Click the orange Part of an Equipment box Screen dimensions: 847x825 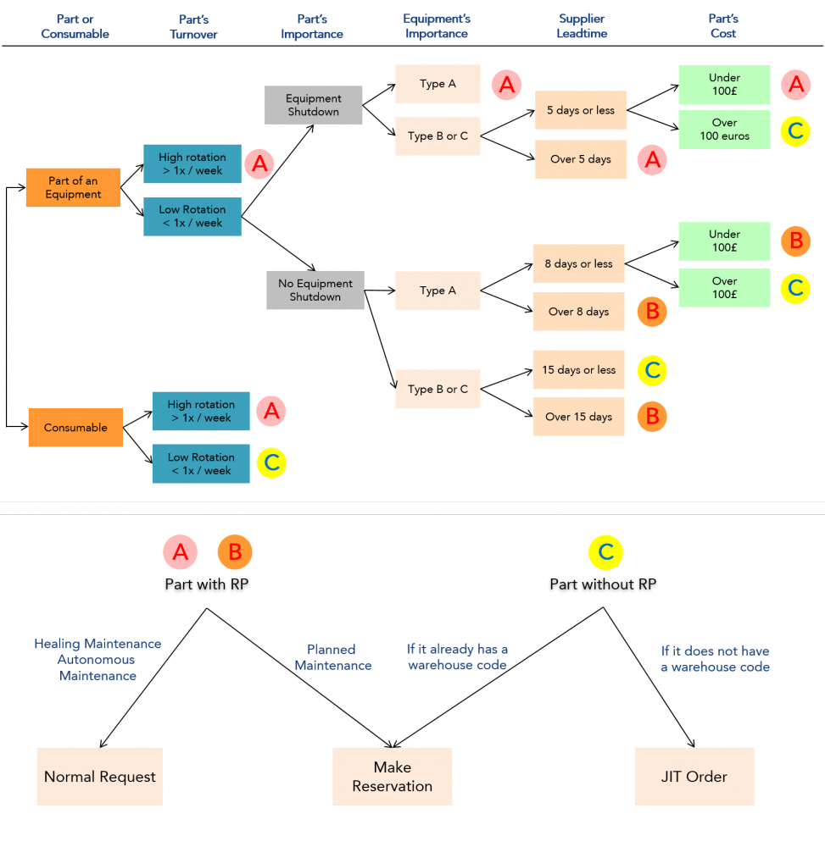(x=73, y=187)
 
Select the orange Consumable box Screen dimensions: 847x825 (x=75, y=427)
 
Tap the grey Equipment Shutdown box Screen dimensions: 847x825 (x=313, y=105)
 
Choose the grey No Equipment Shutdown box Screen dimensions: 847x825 (x=315, y=290)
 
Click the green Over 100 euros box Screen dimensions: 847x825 (x=724, y=130)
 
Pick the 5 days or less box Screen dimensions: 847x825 (x=580, y=110)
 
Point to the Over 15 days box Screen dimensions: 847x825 (x=578, y=417)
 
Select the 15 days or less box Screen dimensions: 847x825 (x=578, y=370)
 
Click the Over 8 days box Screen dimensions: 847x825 (x=578, y=312)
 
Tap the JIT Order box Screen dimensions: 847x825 (x=694, y=777)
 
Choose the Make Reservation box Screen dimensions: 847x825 (x=392, y=777)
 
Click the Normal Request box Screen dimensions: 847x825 (x=100, y=777)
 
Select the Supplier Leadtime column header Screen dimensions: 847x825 (x=581, y=26)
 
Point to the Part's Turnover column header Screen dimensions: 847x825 (x=193, y=26)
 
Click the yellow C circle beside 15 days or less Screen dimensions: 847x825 (x=652, y=370)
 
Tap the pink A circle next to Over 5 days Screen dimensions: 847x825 (x=652, y=159)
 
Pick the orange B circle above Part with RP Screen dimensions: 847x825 (x=235, y=552)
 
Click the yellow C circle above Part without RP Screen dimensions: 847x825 (x=605, y=552)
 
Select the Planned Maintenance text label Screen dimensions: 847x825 (x=332, y=657)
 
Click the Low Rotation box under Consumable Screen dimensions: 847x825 (x=201, y=463)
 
